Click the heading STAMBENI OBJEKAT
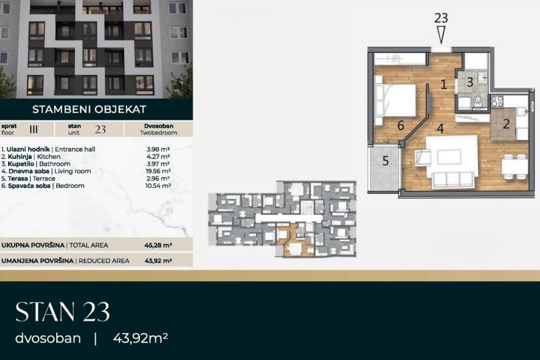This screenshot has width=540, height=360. click(x=89, y=109)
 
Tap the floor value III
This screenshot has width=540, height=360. click(x=33, y=129)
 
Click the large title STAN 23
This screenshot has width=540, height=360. click(x=63, y=312)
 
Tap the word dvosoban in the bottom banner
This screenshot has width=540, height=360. click(x=48, y=338)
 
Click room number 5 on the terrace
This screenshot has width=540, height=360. click(x=386, y=160)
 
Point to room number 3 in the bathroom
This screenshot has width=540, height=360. click(x=470, y=83)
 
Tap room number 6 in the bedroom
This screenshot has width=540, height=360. click(x=400, y=125)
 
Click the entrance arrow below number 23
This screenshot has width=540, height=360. click(x=441, y=35)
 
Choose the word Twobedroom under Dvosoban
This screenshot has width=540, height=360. click(x=158, y=132)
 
